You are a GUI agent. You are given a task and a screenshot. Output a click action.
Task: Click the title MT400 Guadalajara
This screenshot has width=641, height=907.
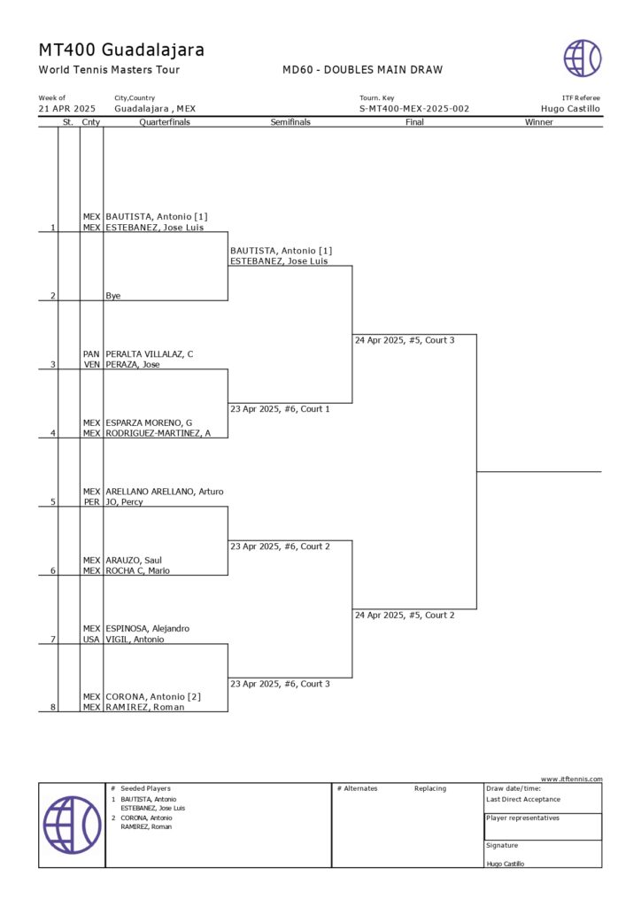(121, 50)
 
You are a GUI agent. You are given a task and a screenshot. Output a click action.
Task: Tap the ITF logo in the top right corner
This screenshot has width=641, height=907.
(583, 58)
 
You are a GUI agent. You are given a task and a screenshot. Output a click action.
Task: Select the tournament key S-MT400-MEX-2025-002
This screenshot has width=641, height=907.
(414, 109)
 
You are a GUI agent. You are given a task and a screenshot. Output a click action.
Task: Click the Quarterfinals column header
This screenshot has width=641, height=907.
(165, 122)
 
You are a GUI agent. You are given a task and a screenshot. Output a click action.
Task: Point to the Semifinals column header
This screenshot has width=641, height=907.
(290, 122)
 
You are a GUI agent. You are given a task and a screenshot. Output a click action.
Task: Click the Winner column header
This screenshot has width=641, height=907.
(538, 122)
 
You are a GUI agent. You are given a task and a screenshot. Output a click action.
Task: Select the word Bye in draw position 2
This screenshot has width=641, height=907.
(113, 296)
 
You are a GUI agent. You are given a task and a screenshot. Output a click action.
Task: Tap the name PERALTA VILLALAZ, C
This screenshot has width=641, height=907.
(150, 354)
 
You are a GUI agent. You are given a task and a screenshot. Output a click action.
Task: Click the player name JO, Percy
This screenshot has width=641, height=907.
(124, 502)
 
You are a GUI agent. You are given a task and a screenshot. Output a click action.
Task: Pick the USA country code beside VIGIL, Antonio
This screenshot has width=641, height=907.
(91, 640)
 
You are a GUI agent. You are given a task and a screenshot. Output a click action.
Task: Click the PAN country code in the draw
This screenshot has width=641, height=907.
(91, 354)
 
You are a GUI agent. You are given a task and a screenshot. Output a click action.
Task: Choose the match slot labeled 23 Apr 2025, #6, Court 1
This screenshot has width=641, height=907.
(280, 409)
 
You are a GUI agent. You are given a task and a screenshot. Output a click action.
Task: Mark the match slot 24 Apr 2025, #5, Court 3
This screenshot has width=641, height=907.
(405, 340)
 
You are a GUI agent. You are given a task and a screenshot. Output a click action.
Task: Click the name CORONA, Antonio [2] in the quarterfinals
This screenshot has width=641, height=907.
(153, 697)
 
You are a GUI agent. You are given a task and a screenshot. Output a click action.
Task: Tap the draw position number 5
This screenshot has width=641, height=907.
(53, 502)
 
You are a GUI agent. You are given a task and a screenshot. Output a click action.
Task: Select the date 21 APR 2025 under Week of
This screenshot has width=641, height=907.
(67, 109)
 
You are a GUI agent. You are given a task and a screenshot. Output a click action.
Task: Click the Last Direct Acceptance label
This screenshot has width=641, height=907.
(523, 800)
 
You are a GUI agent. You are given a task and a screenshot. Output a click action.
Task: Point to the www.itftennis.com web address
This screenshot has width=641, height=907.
(572, 779)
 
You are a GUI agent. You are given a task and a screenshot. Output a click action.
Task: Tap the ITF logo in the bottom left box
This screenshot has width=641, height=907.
(72, 825)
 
